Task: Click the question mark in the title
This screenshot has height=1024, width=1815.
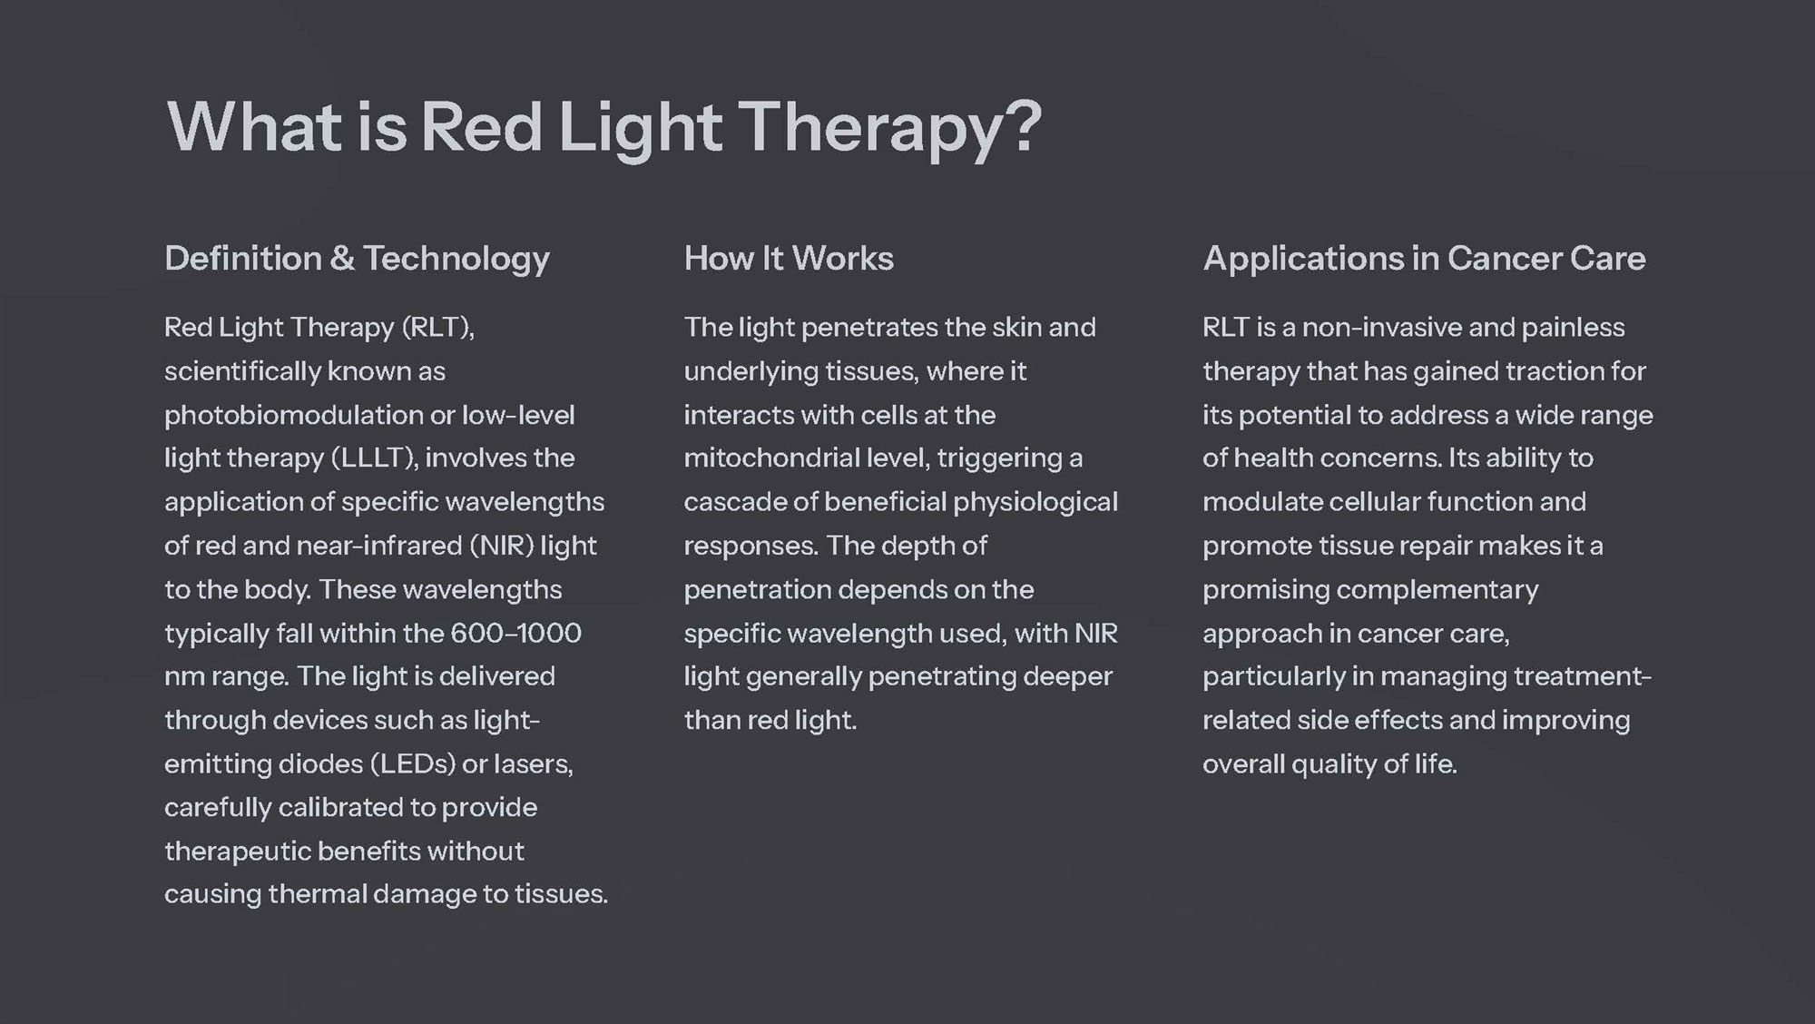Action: (1023, 126)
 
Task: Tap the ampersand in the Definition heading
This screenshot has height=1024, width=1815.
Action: (342, 259)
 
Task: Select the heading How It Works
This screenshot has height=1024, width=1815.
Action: (789, 259)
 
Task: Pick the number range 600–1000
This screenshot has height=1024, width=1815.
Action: (515, 633)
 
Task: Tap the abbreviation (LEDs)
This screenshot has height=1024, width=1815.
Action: (412, 763)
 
